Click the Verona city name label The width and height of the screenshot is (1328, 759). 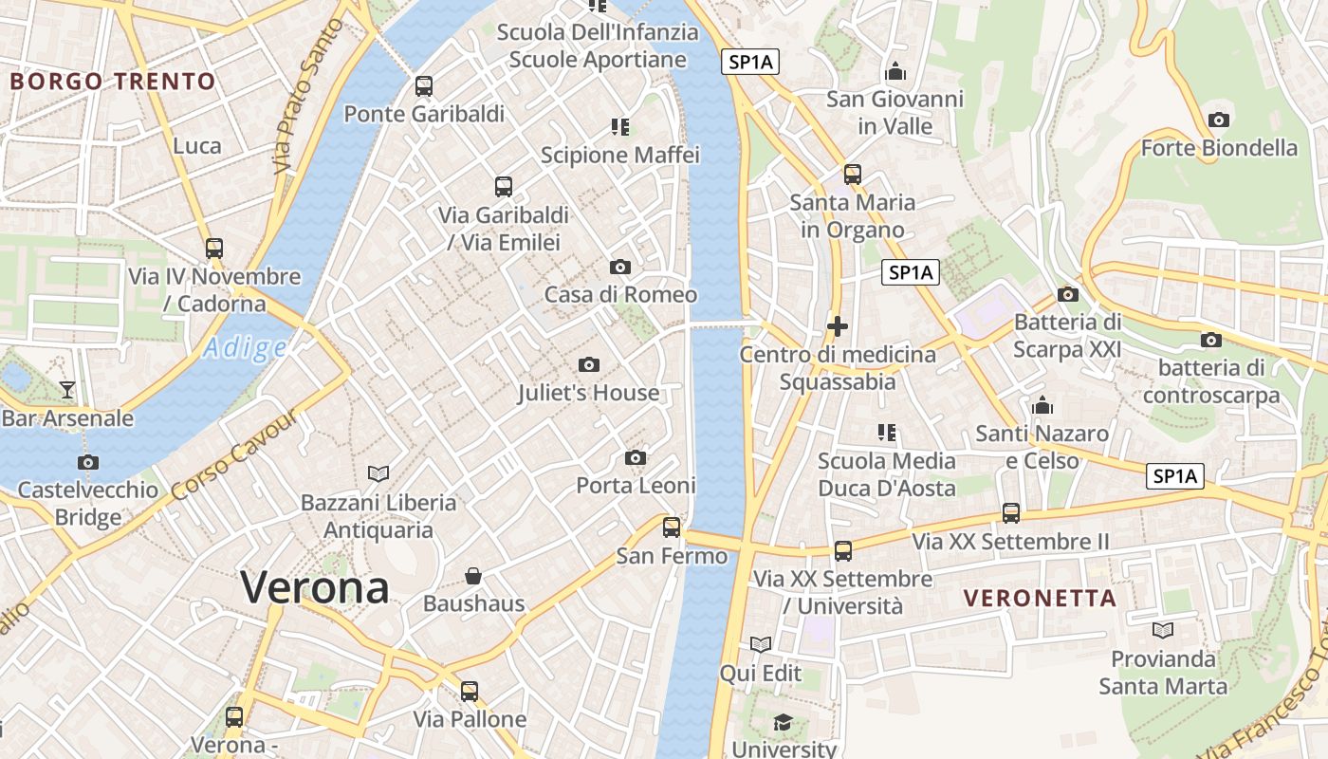[x=314, y=587]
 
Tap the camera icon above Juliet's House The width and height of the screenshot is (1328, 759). [x=588, y=364]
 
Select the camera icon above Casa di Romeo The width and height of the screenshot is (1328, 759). [x=619, y=267]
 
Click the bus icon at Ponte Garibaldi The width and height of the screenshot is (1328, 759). [x=424, y=86]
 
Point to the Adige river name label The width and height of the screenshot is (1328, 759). [x=245, y=348]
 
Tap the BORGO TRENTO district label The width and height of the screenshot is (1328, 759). [x=113, y=82]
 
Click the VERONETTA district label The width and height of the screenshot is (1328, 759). [x=1040, y=598]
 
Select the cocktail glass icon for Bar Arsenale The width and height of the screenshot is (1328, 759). [x=67, y=389]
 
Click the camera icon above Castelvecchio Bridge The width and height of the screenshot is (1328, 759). [x=88, y=462]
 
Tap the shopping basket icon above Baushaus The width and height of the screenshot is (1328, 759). [x=473, y=576]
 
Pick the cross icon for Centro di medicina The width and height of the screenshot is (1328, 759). [x=837, y=326]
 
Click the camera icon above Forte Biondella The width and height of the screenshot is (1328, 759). [x=1219, y=120]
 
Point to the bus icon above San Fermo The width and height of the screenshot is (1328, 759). [x=672, y=528]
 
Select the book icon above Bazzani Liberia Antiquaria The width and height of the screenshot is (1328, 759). [x=378, y=473]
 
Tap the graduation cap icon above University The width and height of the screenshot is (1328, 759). [x=783, y=722]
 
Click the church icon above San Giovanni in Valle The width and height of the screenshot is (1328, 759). [x=895, y=71]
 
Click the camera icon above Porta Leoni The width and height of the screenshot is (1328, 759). [x=636, y=458]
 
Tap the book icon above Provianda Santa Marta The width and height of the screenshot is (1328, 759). [x=1163, y=630]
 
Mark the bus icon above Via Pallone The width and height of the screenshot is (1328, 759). [x=470, y=692]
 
